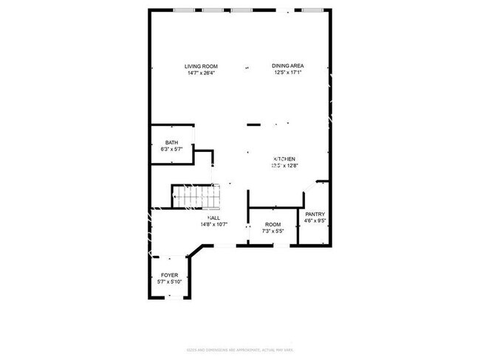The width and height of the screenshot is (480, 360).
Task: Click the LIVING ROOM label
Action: (x=202, y=66)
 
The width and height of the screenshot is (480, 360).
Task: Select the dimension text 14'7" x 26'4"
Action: (x=202, y=73)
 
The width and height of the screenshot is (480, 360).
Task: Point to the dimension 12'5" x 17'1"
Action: (x=288, y=73)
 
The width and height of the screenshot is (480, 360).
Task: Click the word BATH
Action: (x=171, y=143)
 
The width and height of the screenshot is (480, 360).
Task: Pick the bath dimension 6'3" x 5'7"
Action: (x=171, y=150)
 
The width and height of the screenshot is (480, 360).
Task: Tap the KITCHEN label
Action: (x=285, y=159)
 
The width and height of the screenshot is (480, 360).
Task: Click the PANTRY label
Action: (x=316, y=214)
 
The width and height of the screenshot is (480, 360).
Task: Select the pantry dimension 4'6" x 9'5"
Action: (x=316, y=221)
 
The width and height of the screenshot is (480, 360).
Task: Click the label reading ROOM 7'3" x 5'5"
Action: (x=273, y=227)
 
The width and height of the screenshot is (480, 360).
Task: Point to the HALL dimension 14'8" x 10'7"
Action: (x=213, y=224)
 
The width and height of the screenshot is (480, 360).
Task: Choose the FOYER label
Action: (x=170, y=275)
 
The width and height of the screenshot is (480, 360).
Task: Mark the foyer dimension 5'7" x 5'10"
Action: (x=170, y=282)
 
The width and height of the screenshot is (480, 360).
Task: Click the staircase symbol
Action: (x=196, y=196)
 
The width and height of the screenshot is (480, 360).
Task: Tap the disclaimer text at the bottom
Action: (x=239, y=350)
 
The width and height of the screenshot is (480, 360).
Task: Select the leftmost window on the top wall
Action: (x=185, y=10)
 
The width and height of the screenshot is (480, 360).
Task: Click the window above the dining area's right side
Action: (x=312, y=10)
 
